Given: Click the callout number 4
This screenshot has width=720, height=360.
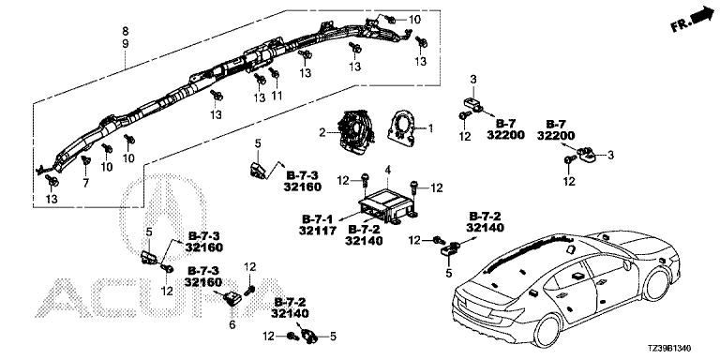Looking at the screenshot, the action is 387,171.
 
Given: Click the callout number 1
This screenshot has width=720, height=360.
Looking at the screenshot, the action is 430,128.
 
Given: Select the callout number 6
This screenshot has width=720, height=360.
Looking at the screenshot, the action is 232,325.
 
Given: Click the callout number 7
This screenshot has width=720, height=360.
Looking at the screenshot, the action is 85,183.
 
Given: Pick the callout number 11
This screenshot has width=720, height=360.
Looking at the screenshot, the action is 277,96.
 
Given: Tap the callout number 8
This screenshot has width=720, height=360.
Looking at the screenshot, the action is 126,32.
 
